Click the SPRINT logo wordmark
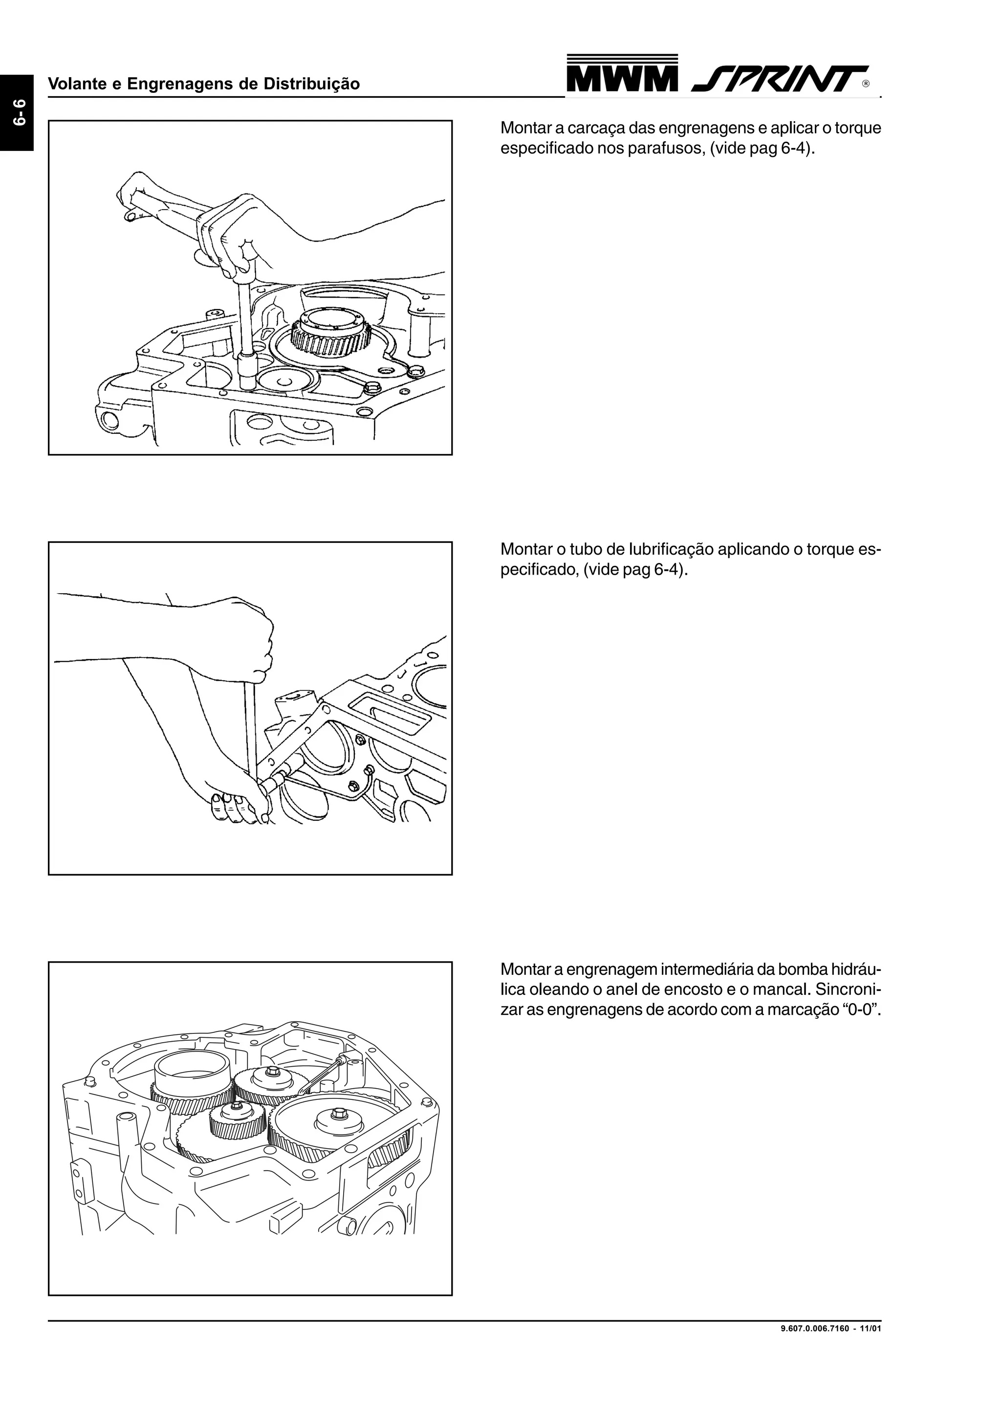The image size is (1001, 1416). click(780, 79)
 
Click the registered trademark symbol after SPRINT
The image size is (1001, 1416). click(866, 84)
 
